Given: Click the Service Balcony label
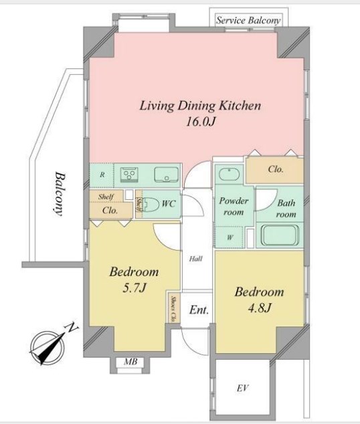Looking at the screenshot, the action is (248, 21).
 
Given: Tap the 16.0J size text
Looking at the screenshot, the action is (201, 122).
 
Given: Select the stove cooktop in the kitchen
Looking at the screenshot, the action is (129, 173).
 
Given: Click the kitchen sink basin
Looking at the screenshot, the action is (167, 175).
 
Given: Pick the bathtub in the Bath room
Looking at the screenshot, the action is (280, 235).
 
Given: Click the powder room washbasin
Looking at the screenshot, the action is (229, 175).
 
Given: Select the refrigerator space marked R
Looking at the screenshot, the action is (102, 175).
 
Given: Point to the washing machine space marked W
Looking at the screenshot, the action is (230, 237).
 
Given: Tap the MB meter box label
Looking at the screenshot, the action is (130, 362).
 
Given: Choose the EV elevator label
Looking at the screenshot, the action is (242, 389).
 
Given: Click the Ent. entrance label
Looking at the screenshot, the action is (199, 310).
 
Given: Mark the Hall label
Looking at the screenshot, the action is (196, 259).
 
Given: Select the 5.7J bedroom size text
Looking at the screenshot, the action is (134, 288).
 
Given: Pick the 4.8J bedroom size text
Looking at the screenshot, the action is (260, 308).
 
